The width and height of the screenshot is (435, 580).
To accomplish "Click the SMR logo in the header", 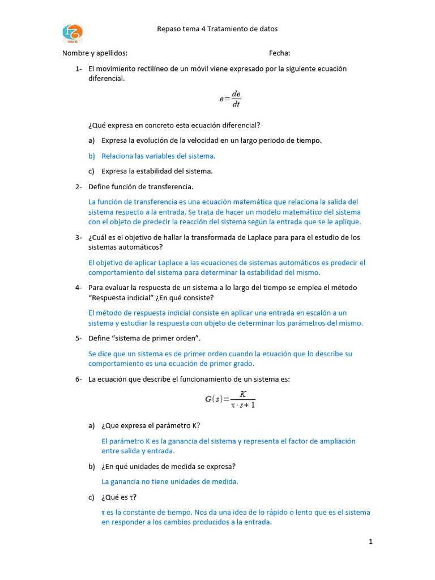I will coord(72,33).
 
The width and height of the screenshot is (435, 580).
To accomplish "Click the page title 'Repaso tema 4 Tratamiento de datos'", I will coord(217,29).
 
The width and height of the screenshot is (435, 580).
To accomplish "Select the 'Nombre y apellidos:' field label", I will coord(95,53).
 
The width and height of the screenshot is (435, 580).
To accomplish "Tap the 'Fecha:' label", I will coord(279,53).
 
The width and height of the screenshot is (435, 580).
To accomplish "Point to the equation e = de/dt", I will coord(231,99).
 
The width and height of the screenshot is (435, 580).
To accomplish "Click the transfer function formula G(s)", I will coord(230,399).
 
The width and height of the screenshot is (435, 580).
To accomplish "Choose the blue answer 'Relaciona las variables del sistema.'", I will coord(158,156).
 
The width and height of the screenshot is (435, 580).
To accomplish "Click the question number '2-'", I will coord(79,186).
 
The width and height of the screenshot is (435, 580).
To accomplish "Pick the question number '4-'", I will coord(79,288).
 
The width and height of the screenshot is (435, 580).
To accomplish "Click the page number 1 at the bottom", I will coord(370,542).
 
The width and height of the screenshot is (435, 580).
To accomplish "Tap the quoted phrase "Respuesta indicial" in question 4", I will coord(120,298).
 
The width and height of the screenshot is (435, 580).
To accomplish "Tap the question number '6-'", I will coord(79,379).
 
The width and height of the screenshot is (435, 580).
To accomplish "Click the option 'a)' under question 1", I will coord(91,140).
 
